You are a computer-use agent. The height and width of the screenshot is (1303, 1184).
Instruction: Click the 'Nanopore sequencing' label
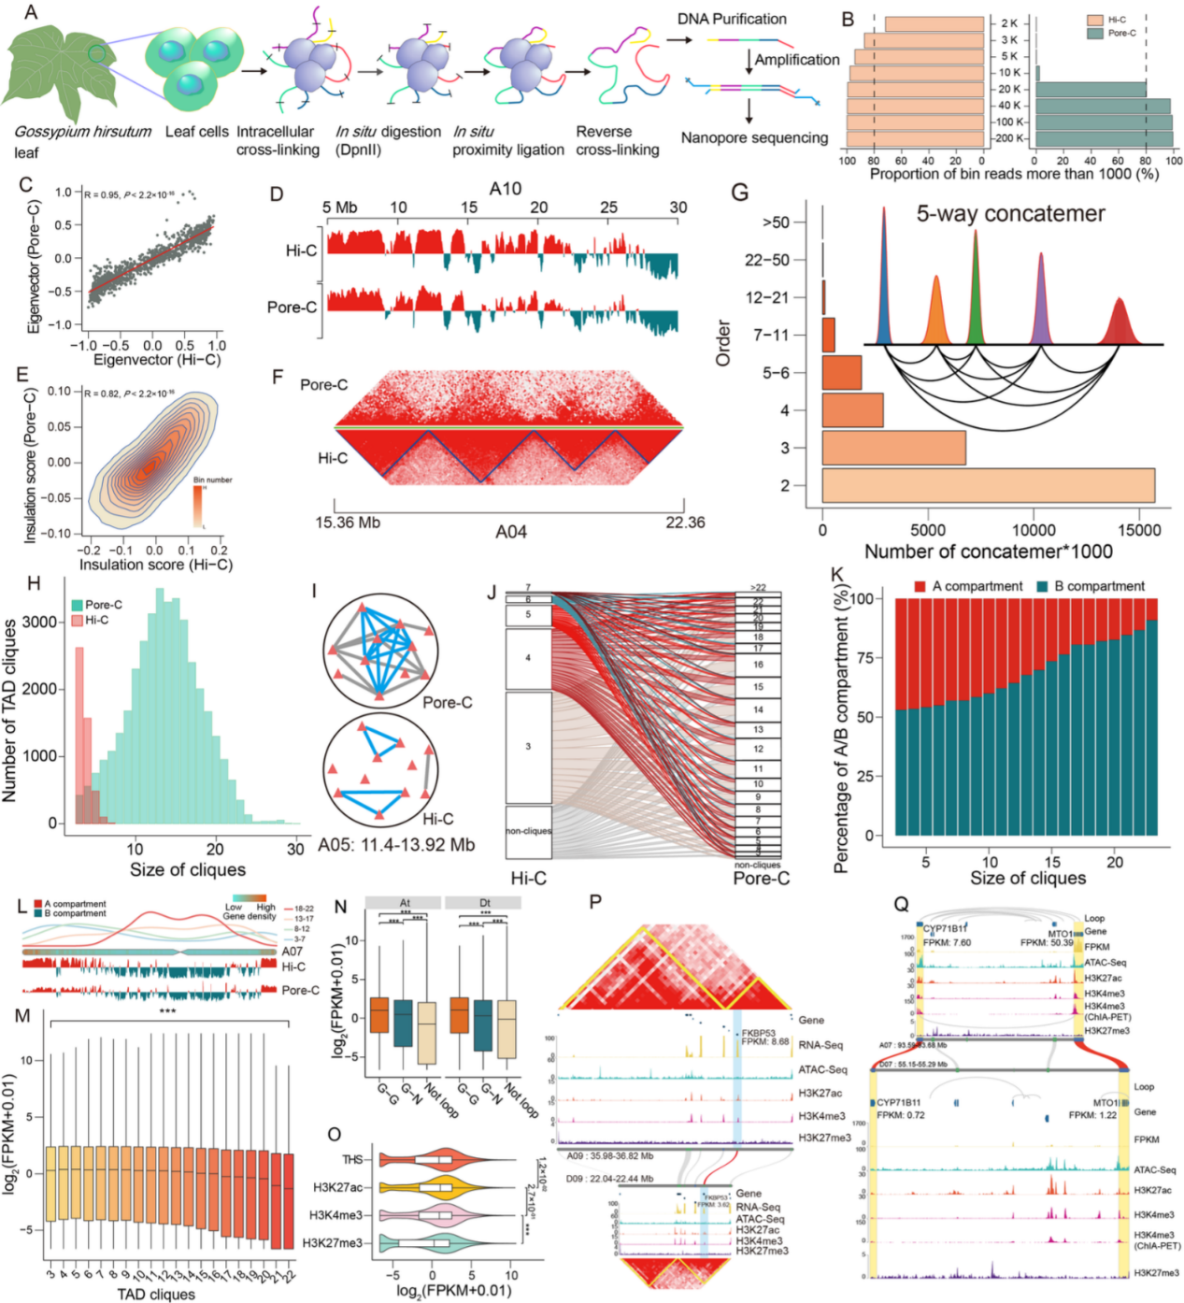coord(754,137)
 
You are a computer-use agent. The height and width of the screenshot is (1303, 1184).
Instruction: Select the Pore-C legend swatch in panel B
coord(1096,33)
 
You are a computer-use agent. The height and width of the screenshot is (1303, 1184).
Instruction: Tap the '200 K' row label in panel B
coord(1009,138)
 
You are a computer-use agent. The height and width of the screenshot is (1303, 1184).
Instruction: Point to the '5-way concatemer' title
coord(1010,214)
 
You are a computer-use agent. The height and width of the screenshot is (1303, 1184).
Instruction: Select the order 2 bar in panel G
coord(988,485)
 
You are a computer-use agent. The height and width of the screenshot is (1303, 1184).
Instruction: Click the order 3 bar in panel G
coord(893,448)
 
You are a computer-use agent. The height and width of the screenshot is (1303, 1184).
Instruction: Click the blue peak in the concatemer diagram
coord(883,280)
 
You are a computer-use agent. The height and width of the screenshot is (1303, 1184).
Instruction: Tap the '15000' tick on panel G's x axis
coord(1139,530)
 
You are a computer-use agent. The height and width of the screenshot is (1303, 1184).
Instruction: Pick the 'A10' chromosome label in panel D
coord(506,189)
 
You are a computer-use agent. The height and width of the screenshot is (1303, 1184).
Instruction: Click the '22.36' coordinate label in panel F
coord(685,523)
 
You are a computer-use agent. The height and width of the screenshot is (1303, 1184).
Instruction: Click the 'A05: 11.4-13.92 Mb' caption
coord(396,845)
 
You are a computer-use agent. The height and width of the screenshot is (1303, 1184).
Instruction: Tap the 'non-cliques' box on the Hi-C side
coord(528,831)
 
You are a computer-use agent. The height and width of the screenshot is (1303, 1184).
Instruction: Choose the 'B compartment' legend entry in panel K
coord(1091,586)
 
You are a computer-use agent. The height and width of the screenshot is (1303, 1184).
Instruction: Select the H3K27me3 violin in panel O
coord(430,1243)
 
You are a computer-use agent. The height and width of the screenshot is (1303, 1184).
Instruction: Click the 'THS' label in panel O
coord(352,1160)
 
